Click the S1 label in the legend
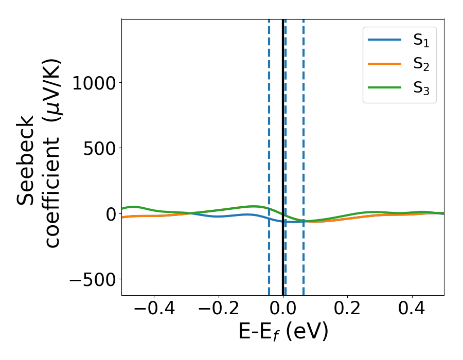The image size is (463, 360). click(x=421, y=41)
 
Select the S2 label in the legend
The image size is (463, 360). click(x=421, y=64)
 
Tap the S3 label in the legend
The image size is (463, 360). click(x=421, y=88)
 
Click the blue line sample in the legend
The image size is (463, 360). click(x=385, y=40)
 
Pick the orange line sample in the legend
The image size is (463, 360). click(x=385, y=64)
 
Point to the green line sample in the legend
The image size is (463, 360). click(x=385, y=87)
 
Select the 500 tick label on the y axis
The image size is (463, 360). click(x=99, y=148)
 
